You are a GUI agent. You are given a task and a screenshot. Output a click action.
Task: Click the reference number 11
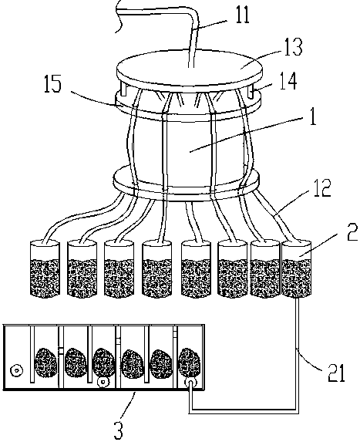(x=243, y=15)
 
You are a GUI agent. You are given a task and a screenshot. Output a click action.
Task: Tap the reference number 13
(x=293, y=46)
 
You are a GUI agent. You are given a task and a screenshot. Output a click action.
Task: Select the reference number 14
(x=288, y=81)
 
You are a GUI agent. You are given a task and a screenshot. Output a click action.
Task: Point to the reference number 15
(x=52, y=84)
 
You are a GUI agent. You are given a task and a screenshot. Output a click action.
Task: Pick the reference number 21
(x=336, y=373)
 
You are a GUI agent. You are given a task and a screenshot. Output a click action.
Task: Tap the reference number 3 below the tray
(x=118, y=430)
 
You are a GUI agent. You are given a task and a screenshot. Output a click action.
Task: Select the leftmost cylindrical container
(x=45, y=268)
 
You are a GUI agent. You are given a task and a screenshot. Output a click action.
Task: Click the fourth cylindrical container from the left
(x=157, y=269)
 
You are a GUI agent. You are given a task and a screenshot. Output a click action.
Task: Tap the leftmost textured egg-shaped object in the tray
(x=45, y=363)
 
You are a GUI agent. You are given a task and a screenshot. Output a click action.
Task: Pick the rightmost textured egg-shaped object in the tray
(x=190, y=363)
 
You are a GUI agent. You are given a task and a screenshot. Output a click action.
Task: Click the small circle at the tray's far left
(x=16, y=370)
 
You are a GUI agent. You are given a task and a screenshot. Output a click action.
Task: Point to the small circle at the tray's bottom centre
(x=103, y=383)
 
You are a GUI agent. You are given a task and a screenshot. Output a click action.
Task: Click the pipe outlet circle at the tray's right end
(x=190, y=383)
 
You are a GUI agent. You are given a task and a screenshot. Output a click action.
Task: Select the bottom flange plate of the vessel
(x=186, y=184)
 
